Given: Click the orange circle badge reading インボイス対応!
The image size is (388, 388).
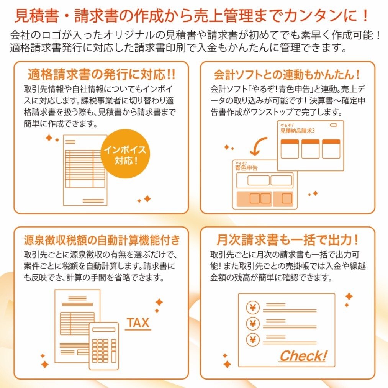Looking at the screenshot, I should click(126, 154).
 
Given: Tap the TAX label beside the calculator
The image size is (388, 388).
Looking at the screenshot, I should click(138, 323).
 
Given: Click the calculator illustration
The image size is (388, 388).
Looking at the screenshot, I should click(104, 345).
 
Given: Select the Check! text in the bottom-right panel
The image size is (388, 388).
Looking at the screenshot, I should click(303, 356).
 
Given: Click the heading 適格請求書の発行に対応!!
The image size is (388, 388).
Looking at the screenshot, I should click(101, 74).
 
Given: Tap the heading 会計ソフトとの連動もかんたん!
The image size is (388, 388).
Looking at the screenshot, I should click(287, 74).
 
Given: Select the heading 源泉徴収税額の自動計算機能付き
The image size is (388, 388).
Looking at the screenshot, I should click(101, 240).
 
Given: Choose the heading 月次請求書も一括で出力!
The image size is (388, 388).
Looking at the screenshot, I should click(287, 240).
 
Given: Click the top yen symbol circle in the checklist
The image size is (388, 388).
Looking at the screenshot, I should click(253, 307).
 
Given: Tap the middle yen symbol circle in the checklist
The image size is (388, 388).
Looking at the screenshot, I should click(253, 323).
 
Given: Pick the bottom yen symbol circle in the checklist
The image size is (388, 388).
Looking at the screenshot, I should click(253, 339).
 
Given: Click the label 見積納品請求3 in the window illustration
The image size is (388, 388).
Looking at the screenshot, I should click(297, 131).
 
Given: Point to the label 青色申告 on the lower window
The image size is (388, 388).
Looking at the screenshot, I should click(246, 167).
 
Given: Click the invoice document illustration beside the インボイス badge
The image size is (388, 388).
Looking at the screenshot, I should click(85, 169).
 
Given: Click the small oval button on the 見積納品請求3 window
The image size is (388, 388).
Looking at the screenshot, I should click(334, 125).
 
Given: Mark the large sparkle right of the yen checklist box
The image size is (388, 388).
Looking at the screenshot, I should click(349, 296).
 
